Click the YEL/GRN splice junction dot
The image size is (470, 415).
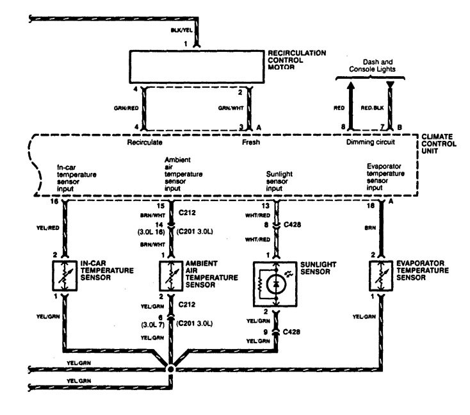point(171,370)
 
